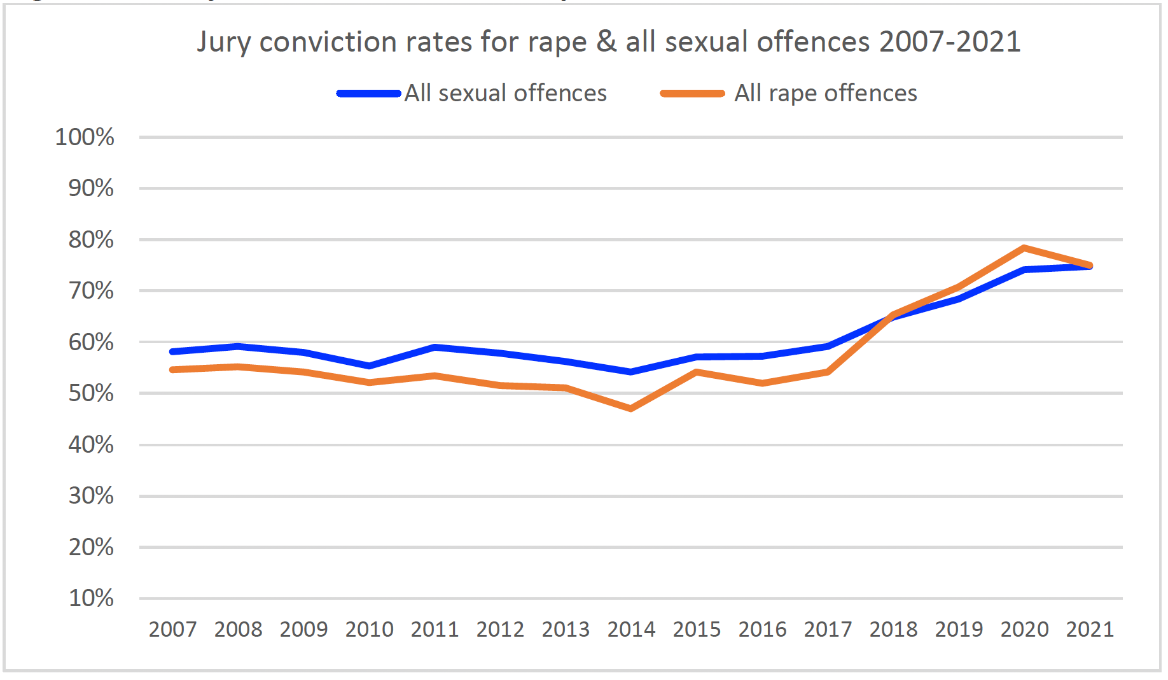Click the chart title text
pos(608,42)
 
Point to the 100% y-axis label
pos(85,138)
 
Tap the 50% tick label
pos(91,393)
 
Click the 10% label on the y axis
pos(91,599)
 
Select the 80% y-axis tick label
pos(91,240)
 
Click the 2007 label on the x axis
pos(172,629)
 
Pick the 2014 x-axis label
pos(631,629)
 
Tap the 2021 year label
pos(1090,629)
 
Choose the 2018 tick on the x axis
pos(893,629)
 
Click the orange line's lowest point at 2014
pos(631,409)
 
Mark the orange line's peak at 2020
pos(1024,248)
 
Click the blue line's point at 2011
pos(435,347)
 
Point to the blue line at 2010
pos(369,366)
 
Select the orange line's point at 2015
pos(697,372)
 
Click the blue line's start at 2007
pos(172,351)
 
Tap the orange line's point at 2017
pos(828,372)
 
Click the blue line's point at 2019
pos(959,299)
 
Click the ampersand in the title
pos(607,42)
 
